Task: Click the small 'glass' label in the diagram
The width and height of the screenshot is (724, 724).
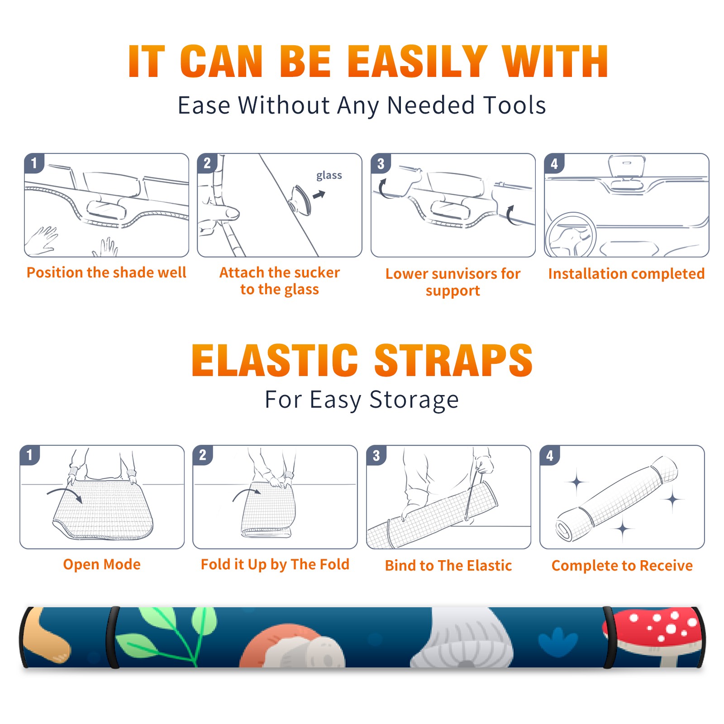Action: (329, 176)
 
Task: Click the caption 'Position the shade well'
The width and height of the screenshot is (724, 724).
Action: (106, 272)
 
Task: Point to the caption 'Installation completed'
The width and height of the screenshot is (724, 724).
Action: (626, 274)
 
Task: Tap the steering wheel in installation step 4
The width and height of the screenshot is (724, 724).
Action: (570, 234)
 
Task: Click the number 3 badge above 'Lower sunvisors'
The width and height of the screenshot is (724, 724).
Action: (381, 163)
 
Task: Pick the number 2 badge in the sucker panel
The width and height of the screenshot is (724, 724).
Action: (207, 163)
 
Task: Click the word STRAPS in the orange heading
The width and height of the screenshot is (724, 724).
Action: (453, 360)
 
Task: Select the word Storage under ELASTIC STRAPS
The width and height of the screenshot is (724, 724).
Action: (414, 400)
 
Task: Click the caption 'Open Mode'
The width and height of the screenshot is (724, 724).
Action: (102, 564)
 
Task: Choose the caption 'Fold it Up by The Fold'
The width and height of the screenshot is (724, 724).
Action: (275, 564)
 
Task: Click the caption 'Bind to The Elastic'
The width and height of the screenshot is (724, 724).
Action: (448, 566)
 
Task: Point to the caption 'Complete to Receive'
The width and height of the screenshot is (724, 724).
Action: (622, 566)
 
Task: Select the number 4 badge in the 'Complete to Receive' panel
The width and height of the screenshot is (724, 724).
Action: (550, 455)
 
